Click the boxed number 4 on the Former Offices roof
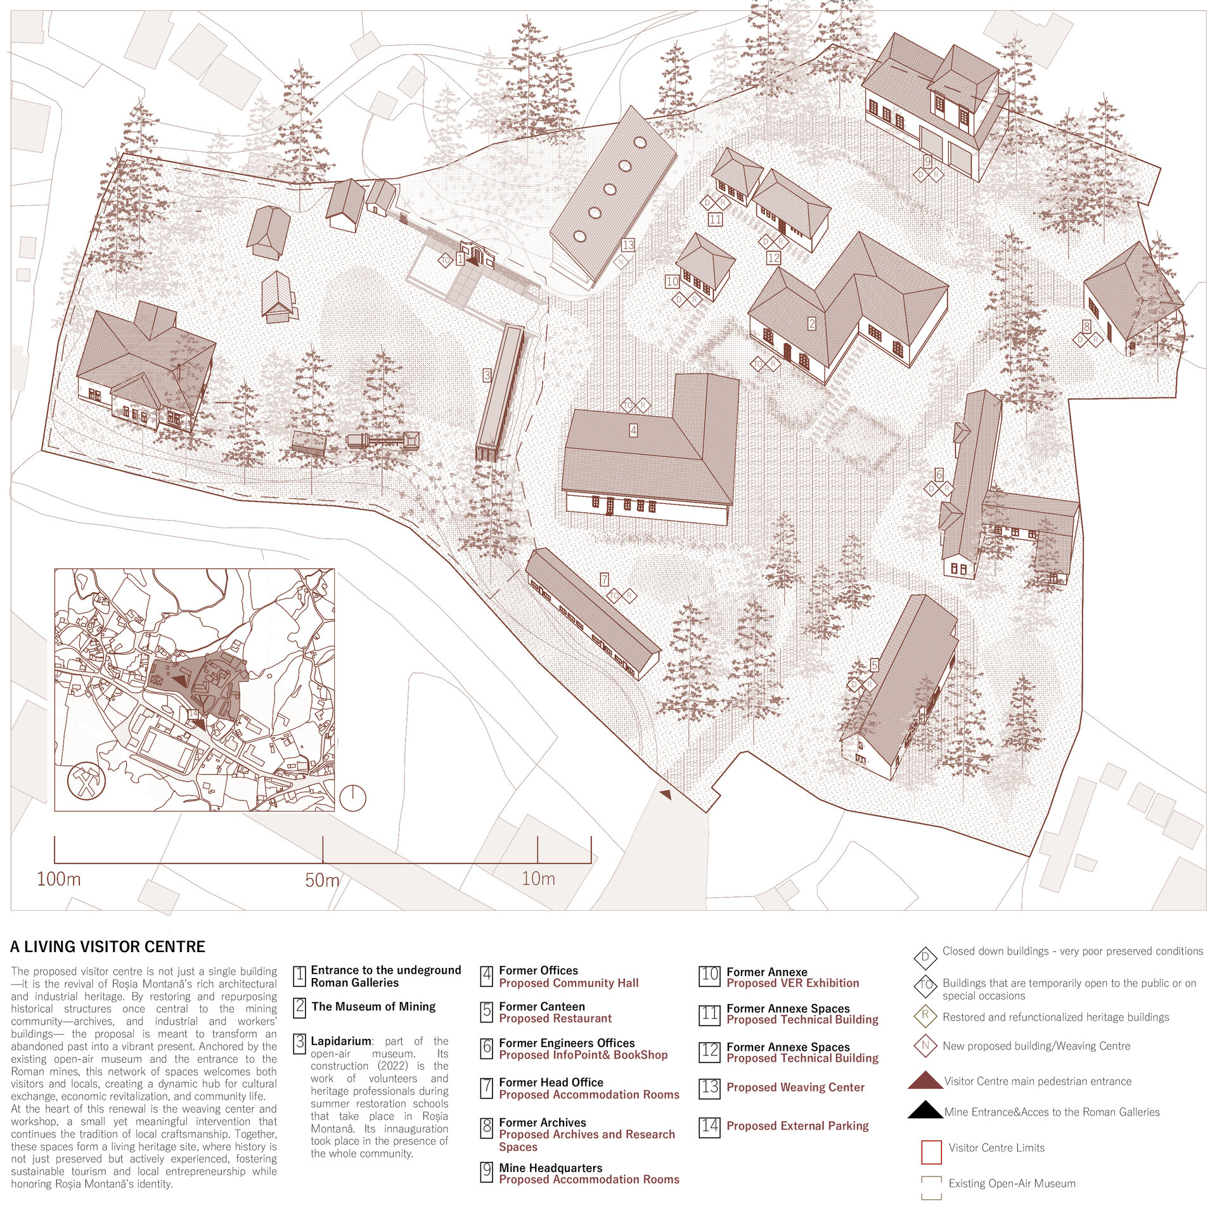tap(633, 430)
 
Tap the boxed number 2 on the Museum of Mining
tap(812, 324)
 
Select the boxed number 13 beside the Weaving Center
tap(628, 245)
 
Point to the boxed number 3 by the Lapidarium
tap(487, 375)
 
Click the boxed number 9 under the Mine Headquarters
tap(927, 161)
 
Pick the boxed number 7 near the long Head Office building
tap(605, 579)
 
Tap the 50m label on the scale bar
tap(322, 880)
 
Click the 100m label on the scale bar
tap(59, 879)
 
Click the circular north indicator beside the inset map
tap(353, 797)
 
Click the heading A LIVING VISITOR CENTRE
tap(108, 946)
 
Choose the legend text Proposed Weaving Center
tap(795, 1087)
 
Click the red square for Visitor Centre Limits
tap(930, 1152)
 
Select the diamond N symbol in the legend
tap(925, 1045)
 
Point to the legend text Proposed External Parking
tap(797, 1126)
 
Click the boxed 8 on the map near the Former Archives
tap(1086, 326)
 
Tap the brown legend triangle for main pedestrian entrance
tap(925, 1080)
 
